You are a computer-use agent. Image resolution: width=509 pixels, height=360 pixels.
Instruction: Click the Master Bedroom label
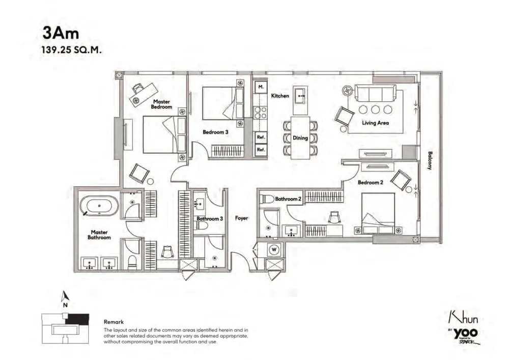(x=161, y=104)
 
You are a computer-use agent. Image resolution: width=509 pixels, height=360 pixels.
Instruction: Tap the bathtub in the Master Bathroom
(x=99, y=206)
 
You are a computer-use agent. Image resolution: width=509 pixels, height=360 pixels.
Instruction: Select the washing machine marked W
(x=274, y=250)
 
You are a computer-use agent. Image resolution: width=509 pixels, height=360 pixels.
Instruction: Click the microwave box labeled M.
(x=261, y=87)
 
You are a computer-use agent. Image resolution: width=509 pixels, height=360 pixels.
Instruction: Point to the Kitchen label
(x=280, y=96)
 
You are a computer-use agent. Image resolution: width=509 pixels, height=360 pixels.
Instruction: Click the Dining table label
(x=300, y=138)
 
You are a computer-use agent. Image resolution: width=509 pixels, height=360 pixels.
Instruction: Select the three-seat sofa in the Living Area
(x=375, y=93)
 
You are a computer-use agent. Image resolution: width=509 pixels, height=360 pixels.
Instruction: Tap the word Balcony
(x=430, y=160)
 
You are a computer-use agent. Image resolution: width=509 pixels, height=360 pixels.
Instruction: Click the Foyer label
(x=241, y=218)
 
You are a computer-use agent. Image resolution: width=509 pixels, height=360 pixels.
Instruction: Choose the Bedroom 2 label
(x=371, y=182)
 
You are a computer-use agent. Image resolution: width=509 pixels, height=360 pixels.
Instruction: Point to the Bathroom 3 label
(x=210, y=219)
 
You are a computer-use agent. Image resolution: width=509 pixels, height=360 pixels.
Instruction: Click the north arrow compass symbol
(x=66, y=296)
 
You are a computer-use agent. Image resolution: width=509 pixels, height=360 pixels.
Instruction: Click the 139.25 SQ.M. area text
(x=71, y=50)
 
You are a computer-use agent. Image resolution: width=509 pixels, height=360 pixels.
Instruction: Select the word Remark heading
(x=114, y=322)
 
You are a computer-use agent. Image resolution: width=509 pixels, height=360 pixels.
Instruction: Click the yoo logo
(x=466, y=333)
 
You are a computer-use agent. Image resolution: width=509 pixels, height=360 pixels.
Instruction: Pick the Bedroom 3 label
(x=215, y=132)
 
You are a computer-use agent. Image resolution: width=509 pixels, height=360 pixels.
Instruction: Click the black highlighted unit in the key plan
(x=77, y=319)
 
